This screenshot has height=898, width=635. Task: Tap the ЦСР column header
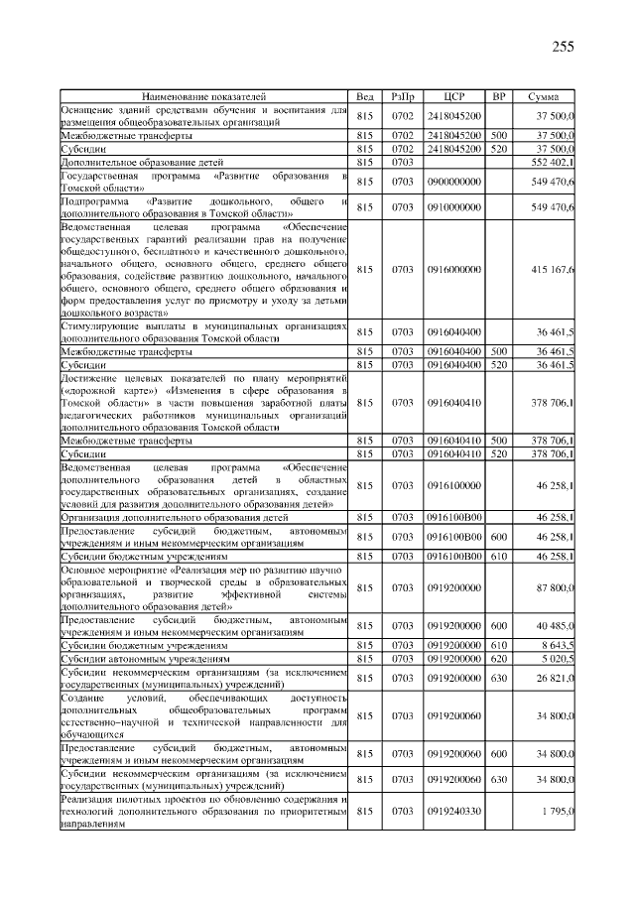(454, 96)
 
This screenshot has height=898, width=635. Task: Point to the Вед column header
(364, 96)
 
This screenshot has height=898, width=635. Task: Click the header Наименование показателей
(204, 96)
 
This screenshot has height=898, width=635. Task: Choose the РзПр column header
(402, 96)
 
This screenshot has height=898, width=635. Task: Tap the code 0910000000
(453, 207)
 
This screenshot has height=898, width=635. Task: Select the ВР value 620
(499, 657)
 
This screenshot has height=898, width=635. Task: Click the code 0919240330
(453, 812)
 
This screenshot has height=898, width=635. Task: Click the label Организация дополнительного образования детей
(175, 517)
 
